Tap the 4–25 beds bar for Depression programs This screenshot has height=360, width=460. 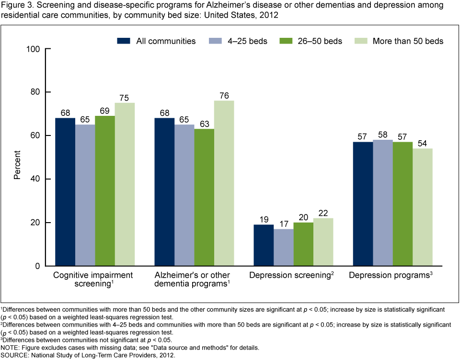coord(382,203)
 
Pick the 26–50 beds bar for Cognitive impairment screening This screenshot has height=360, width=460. coord(105,191)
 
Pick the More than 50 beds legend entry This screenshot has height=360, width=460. coord(399,41)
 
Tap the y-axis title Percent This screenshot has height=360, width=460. coord(17,165)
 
